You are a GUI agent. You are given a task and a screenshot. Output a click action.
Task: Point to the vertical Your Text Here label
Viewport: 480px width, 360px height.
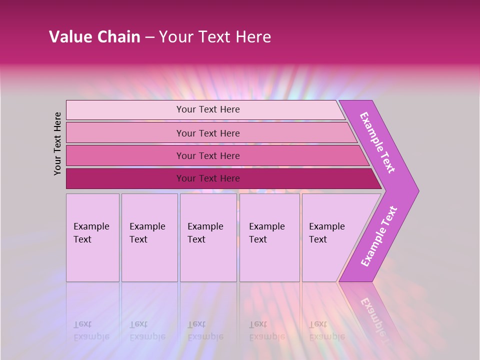pos(57,143)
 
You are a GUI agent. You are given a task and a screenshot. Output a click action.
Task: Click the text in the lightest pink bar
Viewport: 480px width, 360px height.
pos(208,109)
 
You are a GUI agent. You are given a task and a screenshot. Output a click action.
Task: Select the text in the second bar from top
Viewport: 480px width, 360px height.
pos(208,133)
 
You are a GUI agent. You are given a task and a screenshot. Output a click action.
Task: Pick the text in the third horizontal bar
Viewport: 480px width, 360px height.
pos(208,156)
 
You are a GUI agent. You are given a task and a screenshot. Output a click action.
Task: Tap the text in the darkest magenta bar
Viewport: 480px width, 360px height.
pos(208,178)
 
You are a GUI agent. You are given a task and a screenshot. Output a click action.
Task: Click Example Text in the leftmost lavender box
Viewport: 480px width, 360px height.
pos(91,233)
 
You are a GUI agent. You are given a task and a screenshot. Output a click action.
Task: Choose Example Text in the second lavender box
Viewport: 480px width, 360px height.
pos(147,233)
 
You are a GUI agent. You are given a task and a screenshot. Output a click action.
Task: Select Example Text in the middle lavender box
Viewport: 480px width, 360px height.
pos(205,233)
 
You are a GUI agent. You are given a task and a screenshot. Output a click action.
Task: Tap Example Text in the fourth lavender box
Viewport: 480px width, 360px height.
pos(266,233)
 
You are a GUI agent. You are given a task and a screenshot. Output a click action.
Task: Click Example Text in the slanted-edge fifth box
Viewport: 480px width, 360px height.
pos(326,233)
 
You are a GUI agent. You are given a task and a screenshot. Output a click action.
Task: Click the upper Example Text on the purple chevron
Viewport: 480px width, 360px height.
pos(377,142)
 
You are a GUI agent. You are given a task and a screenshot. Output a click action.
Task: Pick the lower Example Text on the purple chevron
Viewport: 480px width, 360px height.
pos(379,236)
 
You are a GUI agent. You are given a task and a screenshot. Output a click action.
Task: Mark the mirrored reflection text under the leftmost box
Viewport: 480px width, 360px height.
pos(91,330)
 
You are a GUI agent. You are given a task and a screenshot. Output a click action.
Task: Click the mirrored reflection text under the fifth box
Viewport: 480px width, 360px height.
pos(326,330)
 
